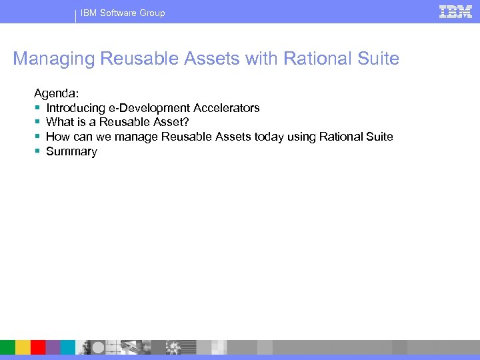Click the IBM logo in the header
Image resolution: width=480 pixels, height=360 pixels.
click(455, 11)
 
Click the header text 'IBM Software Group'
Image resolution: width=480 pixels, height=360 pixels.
click(123, 13)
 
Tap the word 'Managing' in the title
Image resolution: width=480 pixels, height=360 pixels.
click(54, 59)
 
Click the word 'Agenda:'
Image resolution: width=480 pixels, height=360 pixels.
click(57, 93)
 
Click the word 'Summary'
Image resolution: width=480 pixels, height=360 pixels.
click(71, 152)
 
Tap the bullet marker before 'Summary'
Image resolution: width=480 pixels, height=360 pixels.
click(37, 152)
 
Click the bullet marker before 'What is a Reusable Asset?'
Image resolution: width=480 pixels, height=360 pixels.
click(37, 123)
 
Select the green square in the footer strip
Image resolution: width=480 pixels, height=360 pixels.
click(7, 347)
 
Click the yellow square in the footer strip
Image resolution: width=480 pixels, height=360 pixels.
click(23, 347)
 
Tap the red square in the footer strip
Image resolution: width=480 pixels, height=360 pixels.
click(38, 347)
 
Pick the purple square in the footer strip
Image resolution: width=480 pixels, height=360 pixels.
click(53, 347)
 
